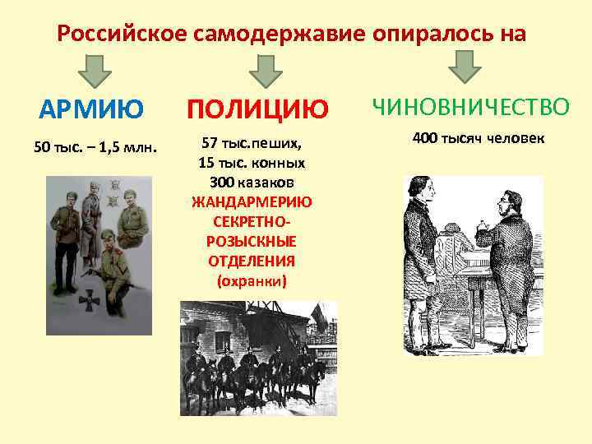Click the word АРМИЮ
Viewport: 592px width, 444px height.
(92, 109)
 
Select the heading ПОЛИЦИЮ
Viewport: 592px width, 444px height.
(258, 109)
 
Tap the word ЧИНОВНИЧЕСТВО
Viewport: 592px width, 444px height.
(470, 107)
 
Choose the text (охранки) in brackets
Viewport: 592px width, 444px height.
(252, 281)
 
